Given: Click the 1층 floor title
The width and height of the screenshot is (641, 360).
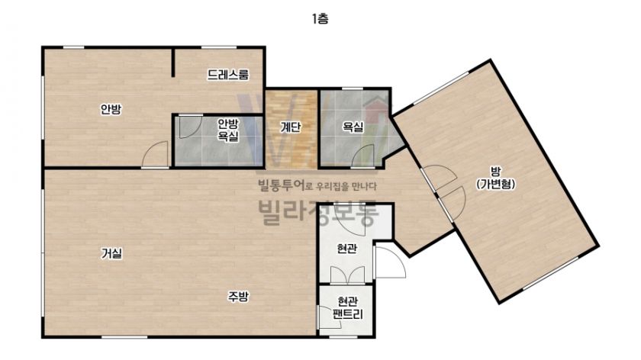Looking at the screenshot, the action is point(320,19).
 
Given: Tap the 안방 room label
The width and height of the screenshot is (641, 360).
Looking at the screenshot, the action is point(111,109).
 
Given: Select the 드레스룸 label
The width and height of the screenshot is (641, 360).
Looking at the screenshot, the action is point(227,75).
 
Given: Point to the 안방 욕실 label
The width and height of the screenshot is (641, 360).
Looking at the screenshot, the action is point(227,130).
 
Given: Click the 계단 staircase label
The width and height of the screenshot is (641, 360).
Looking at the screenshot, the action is point(290,127).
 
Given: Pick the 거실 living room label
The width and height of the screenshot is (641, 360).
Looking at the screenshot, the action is point(111,254).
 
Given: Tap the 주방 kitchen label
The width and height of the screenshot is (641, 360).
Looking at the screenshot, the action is point(238,297).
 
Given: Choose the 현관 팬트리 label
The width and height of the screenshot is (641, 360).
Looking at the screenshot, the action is point(347,307).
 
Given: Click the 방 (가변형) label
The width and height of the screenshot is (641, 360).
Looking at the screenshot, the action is point(495,178).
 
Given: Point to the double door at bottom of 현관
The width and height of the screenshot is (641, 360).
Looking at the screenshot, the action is point(347,275).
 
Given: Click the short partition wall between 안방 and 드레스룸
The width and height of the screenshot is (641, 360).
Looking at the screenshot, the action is point(173,63).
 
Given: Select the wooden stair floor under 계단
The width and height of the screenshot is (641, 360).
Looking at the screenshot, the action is point(291,129).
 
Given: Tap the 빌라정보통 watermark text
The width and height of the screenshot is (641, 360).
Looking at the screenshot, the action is point(317,213).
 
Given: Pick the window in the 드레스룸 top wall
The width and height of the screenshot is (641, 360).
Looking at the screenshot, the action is point(219,48).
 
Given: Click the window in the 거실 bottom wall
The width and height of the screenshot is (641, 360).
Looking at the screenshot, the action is point(124,337).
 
